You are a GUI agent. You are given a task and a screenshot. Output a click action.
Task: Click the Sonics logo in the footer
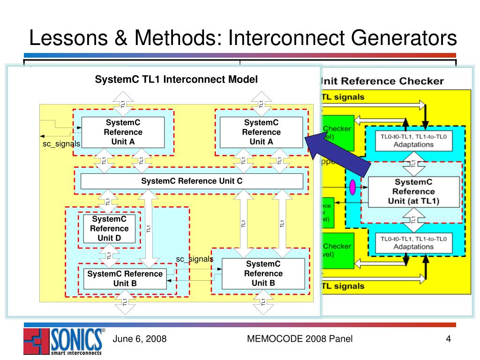[x=63, y=341]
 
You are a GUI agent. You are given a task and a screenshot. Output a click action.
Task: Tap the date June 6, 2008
[x=140, y=339]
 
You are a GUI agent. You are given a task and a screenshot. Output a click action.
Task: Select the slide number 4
[x=448, y=339]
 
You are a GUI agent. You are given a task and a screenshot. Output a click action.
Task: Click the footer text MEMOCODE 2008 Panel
[x=300, y=339]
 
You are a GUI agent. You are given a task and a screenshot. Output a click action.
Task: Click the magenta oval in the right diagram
[x=352, y=187]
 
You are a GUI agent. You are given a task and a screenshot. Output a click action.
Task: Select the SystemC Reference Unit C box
[x=192, y=181]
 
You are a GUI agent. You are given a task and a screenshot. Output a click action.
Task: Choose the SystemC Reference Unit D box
[x=109, y=228]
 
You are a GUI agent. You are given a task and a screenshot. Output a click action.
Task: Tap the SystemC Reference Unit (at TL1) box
[x=413, y=192]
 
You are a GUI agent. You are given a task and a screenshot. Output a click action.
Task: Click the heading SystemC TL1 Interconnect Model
[x=176, y=80]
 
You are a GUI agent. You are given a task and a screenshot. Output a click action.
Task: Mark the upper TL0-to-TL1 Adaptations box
[x=413, y=140]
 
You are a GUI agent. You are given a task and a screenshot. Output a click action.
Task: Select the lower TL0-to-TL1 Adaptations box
[x=413, y=242]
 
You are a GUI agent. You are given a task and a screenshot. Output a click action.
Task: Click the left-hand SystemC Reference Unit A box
[x=123, y=132]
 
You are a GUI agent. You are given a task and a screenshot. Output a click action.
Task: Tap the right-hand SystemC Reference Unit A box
[x=261, y=132]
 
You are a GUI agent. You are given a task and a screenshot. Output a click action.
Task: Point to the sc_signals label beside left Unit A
[x=61, y=144]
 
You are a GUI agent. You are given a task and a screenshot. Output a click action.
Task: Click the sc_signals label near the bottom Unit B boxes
[x=195, y=259]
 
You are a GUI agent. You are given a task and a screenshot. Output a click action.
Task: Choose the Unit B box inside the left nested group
[x=125, y=278]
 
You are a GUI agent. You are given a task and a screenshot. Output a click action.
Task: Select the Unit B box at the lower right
[x=263, y=274]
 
